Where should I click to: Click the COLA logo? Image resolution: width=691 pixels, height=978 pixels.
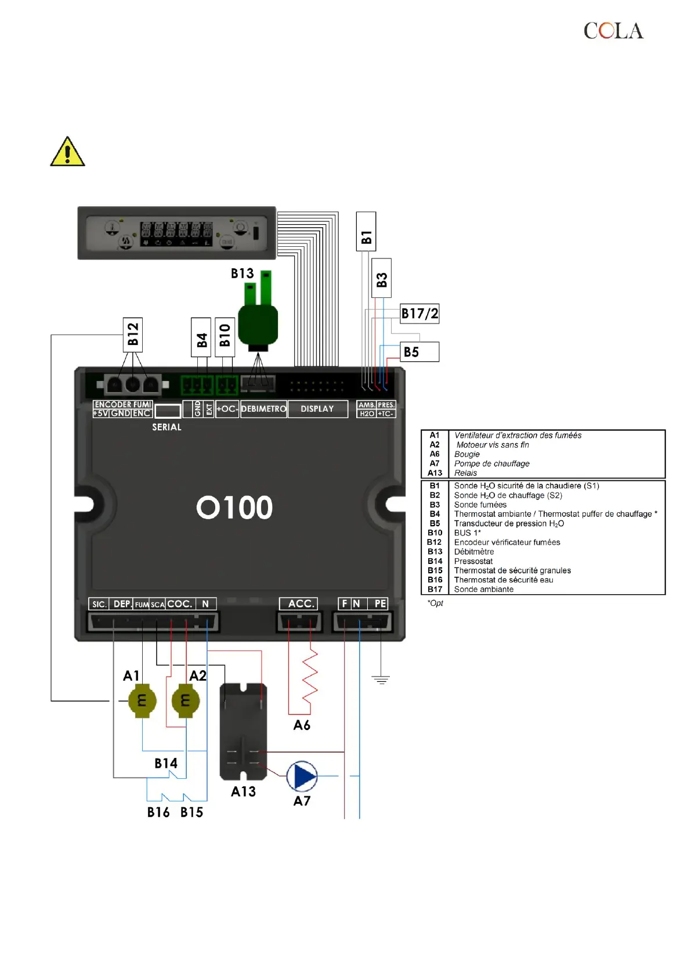pyautogui.click(x=613, y=31)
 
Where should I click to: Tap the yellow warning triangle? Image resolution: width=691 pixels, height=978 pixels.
pyautogui.click(x=68, y=153)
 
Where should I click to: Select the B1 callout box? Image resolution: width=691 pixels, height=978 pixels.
pyautogui.click(x=366, y=232)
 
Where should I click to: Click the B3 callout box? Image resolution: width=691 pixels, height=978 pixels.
pyautogui.click(x=381, y=278)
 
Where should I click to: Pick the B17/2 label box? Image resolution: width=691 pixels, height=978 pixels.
pyautogui.click(x=419, y=314)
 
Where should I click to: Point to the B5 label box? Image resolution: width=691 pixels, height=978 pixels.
pyautogui.click(x=420, y=352)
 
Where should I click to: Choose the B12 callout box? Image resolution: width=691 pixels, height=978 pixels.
pyautogui.click(x=133, y=335)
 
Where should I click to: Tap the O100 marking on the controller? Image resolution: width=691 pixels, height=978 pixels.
pyautogui.click(x=234, y=508)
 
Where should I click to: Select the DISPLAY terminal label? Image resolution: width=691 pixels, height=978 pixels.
pyautogui.click(x=317, y=409)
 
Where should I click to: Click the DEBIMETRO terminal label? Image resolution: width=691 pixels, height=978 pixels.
pyautogui.click(x=263, y=409)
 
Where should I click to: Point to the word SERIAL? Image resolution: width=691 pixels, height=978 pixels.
pyautogui.click(x=167, y=427)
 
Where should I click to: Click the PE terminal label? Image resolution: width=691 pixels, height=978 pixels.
pyautogui.click(x=380, y=604)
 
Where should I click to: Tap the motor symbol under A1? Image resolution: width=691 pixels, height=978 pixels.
pyautogui.click(x=142, y=701)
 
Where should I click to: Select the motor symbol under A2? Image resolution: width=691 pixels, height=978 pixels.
pyautogui.click(x=186, y=701)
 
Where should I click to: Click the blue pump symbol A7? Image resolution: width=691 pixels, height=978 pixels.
pyautogui.click(x=302, y=776)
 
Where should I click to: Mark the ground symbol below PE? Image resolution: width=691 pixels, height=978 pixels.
pyautogui.click(x=381, y=679)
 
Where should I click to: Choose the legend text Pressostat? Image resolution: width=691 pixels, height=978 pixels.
pyautogui.click(x=473, y=561)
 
